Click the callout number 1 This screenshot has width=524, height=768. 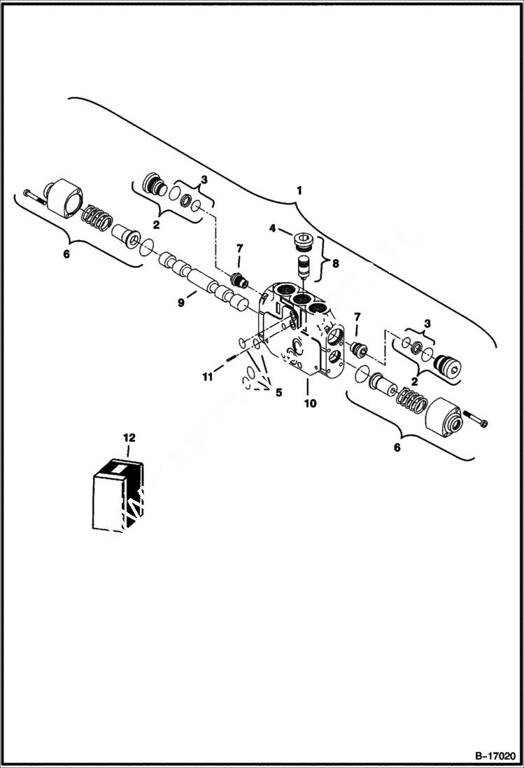[x=299, y=190]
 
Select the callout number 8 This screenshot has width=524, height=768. [x=335, y=264]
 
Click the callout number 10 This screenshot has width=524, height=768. [x=309, y=403]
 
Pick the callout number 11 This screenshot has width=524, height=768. [x=208, y=377]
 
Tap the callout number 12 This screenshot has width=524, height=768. [x=128, y=438]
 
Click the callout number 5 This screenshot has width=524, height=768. [x=278, y=392]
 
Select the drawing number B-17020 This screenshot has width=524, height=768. [x=495, y=756]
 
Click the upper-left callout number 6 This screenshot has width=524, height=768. [x=66, y=254]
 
